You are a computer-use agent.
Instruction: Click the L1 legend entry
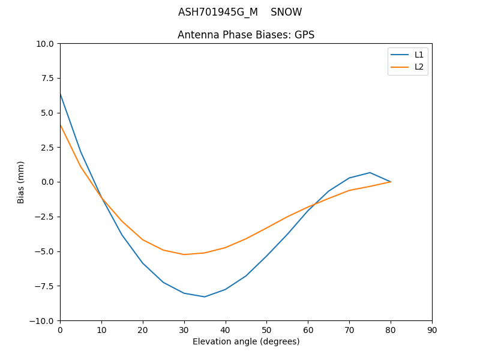pyautogui.click(x=419, y=55)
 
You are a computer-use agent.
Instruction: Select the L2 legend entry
pyautogui.click(x=419, y=67)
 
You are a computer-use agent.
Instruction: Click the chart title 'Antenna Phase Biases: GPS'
pyautogui.click(x=246, y=35)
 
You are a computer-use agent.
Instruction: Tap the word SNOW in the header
pyautogui.click(x=286, y=12)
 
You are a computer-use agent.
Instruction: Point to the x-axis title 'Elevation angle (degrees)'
pyautogui.click(x=246, y=341)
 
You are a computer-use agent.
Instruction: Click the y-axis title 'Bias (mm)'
pyautogui.click(x=21, y=182)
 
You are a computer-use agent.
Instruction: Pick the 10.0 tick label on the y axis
pyautogui.click(x=44, y=43)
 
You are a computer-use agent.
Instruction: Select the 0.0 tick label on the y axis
pyautogui.click(x=47, y=182)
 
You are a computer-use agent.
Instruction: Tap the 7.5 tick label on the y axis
pyautogui.click(x=47, y=78)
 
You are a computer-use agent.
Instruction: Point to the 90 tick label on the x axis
pyautogui.click(x=432, y=330)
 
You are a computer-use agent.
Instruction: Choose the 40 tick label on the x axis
pyautogui.click(x=226, y=330)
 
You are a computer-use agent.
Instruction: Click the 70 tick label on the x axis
pyautogui.click(x=349, y=330)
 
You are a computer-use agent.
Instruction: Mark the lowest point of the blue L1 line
pyautogui.click(x=205, y=297)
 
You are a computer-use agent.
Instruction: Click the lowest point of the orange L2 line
pyautogui.click(x=184, y=254)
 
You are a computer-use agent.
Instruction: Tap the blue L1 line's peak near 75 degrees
pyautogui.click(x=370, y=173)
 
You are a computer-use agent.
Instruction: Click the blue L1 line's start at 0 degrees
pyautogui.click(x=61, y=94)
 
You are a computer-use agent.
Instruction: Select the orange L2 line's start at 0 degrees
pyautogui.click(x=61, y=124)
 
